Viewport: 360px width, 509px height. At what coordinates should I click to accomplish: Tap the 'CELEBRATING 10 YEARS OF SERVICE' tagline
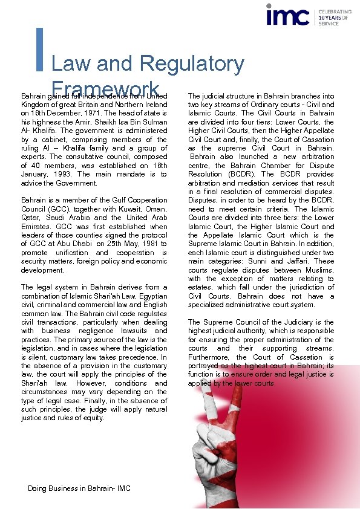334,18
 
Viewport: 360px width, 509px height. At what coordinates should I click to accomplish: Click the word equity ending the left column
93,418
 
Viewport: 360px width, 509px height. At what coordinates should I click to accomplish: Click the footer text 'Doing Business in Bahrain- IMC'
79,488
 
